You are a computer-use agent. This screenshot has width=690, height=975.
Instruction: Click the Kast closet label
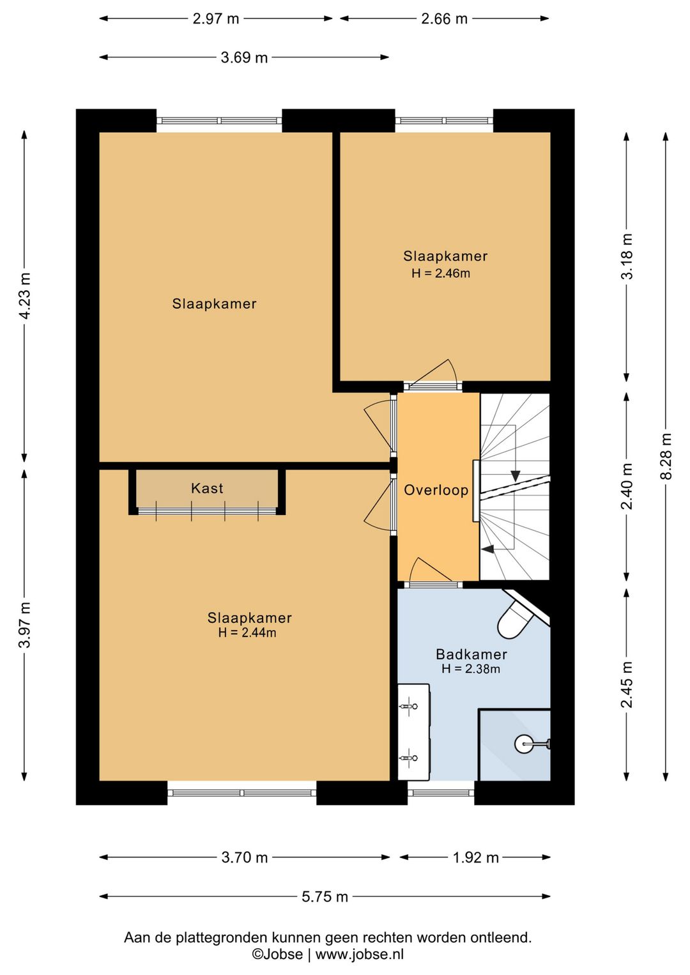click(207, 488)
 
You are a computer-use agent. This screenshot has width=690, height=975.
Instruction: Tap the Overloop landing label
click(436, 490)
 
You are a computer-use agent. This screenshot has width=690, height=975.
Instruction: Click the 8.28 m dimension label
click(666, 456)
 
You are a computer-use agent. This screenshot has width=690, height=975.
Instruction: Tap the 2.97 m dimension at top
click(216, 19)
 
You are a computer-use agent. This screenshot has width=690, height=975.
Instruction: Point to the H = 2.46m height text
click(441, 273)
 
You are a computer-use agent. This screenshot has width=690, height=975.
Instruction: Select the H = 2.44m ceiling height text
click(247, 633)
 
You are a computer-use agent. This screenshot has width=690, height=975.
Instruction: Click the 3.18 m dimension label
click(627, 256)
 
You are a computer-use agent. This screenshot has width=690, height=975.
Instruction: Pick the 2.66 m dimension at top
click(445, 19)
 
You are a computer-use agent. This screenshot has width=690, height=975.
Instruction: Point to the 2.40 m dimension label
click(627, 486)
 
